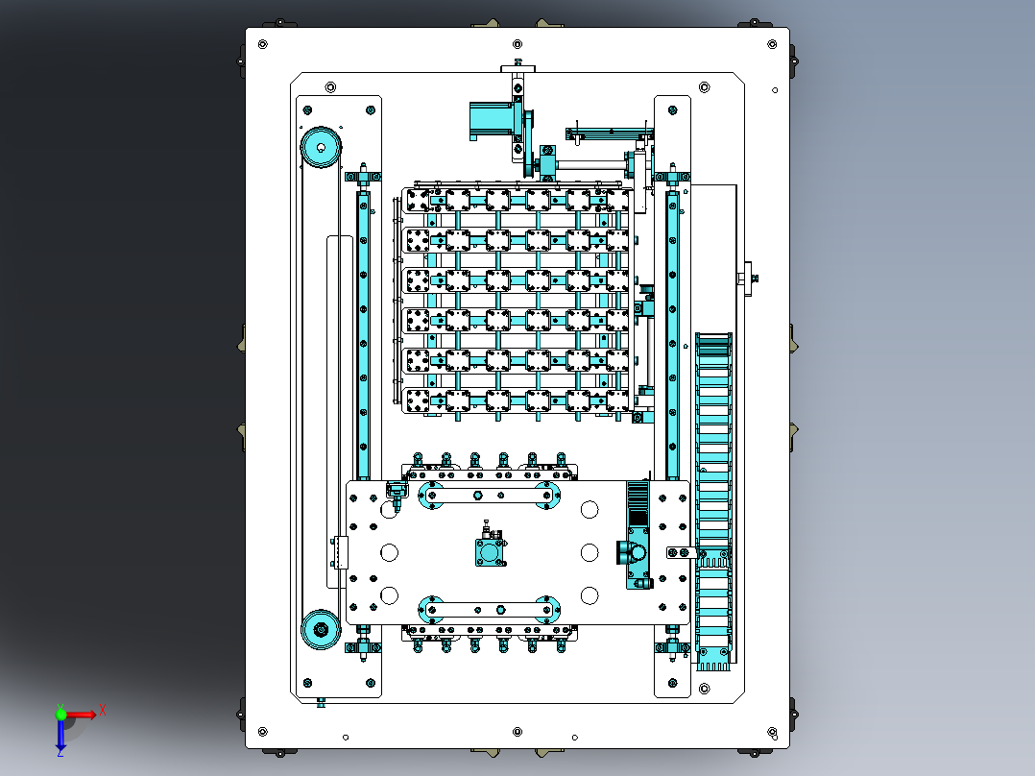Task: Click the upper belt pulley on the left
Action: click(x=321, y=147)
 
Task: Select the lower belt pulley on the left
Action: click(x=321, y=629)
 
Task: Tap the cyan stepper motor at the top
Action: click(x=492, y=121)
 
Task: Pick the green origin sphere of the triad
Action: click(x=60, y=714)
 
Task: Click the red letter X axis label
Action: click(x=103, y=711)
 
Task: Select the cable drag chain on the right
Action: click(x=713, y=501)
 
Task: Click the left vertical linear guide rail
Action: click(x=363, y=335)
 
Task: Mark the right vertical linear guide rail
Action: click(x=673, y=335)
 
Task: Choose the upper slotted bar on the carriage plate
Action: click(x=489, y=495)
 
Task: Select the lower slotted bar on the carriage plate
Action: click(x=489, y=609)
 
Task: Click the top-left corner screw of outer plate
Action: click(x=263, y=44)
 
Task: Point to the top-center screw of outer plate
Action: click(x=517, y=44)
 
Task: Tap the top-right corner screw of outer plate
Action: click(x=772, y=44)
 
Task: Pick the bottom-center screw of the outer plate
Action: click(x=517, y=732)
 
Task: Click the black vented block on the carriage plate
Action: click(x=637, y=504)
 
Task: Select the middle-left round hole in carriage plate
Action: click(x=390, y=552)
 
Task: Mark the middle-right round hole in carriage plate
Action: click(x=590, y=552)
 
